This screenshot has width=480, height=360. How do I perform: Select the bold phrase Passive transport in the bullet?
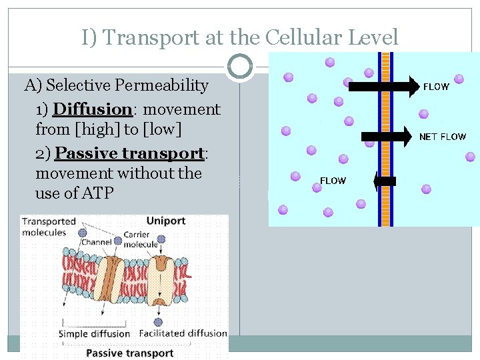129,153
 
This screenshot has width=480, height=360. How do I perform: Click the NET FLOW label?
442,137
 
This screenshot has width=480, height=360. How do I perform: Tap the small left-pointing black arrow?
385,181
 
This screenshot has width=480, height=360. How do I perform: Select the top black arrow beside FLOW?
382,86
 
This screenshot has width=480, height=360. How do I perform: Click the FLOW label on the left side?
333,181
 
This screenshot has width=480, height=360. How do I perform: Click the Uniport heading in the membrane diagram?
165,221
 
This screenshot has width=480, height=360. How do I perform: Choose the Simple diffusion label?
94,333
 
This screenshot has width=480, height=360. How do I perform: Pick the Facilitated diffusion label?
183,333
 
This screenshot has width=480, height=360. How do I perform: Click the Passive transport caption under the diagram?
129,353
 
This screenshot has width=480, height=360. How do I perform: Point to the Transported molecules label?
49,227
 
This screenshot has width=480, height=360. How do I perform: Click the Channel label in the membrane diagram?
96,242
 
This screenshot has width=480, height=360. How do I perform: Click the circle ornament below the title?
239,67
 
